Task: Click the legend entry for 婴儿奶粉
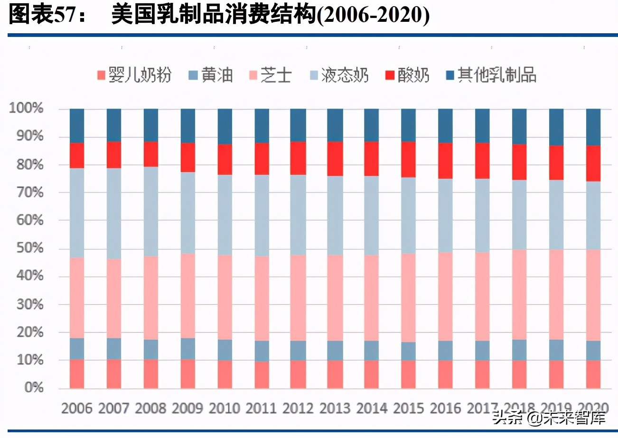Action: (x=133, y=75)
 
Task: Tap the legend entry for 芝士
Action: (x=270, y=75)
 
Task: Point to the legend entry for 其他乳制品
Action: (x=491, y=75)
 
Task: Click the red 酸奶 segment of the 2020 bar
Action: (x=593, y=164)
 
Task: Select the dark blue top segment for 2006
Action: (x=77, y=126)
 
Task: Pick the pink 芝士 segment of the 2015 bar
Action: (x=409, y=297)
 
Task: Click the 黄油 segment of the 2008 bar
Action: (x=151, y=349)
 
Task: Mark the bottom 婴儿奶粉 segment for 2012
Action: (x=299, y=374)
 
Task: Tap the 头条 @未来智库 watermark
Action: (x=549, y=418)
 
